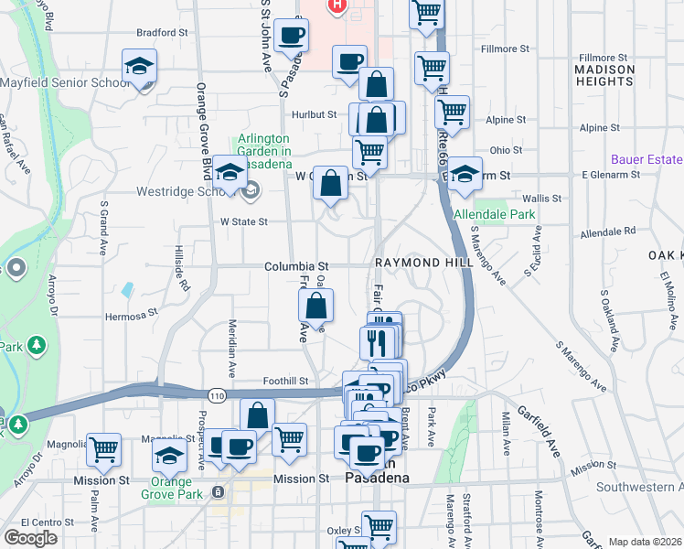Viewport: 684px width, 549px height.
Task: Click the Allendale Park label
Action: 494,214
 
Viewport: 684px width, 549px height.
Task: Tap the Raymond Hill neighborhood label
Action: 423,263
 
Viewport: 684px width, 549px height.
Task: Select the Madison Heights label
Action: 604,75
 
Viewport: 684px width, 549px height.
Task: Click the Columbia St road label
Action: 290,265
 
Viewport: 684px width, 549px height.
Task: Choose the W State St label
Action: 243,221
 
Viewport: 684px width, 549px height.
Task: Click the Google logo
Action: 31,537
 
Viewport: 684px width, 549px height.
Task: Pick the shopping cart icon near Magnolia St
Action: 104,448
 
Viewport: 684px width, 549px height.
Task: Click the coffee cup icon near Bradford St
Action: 292,36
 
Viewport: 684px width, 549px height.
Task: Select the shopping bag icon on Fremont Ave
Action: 315,307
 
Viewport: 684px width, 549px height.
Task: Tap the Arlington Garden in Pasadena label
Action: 264,145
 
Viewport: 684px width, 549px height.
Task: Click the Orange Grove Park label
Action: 166,488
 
